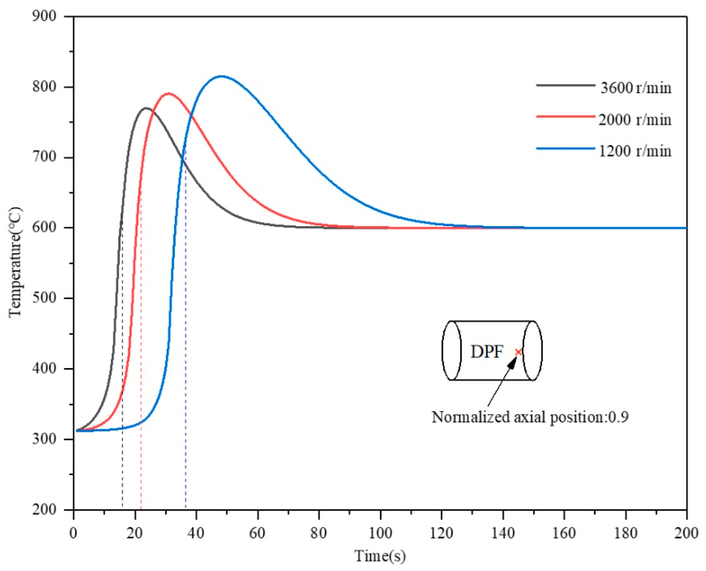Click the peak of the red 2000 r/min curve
point(169,93)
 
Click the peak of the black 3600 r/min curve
point(146,108)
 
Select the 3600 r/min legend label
point(635,88)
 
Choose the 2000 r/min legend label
point(635,120)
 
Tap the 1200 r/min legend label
point(635,151)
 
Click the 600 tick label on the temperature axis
point(44,228)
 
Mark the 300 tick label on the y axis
point(44,439)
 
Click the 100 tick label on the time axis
point(380,533)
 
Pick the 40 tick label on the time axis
point(196,533)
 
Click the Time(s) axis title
point(380,556)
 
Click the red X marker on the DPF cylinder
point(518,352)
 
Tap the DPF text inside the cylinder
point(486,352)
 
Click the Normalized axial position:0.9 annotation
point(530,417)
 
